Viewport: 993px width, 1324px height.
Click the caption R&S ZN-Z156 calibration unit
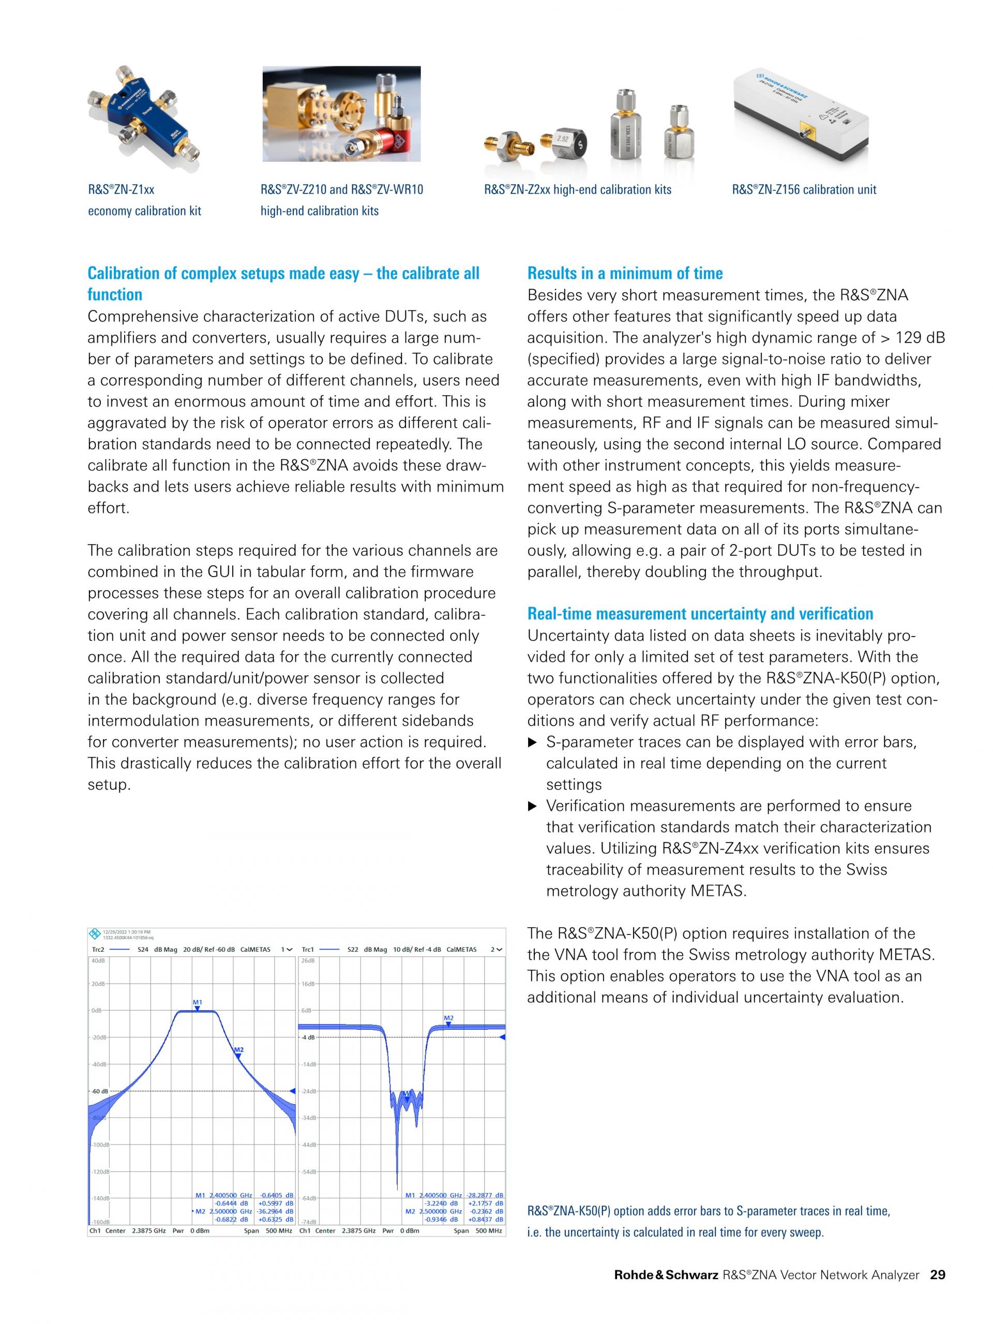(x=803, y=190)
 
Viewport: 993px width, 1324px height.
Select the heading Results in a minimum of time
(x=624, y=274)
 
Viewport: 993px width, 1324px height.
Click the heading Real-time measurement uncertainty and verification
(x=700, y=613)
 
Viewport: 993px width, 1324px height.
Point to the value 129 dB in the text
(x=920, y=338)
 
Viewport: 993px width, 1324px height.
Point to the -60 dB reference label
(x=99, y=1091)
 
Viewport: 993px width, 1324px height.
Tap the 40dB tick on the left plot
(x=97, y=961)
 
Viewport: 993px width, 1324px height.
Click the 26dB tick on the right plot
(x=308, y=961)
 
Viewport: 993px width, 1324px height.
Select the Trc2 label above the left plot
(x=98, y=950)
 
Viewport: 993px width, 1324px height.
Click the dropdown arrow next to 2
(x=500, y=950)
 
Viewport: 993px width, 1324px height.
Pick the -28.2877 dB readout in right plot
(x=486, y=1195)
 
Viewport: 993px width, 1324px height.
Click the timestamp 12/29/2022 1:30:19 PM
(x=126, y=932)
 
